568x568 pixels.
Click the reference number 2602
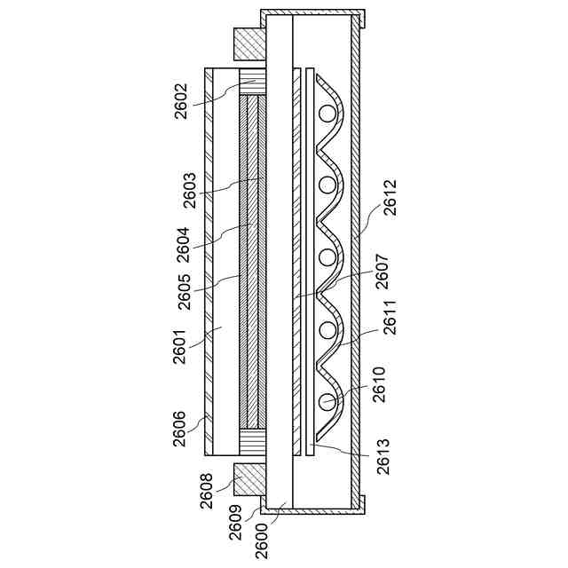(x=181, y=101)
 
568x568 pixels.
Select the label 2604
(x=184, y=245)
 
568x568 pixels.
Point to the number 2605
(x=185, y=292)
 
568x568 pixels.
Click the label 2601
(x=180, y=346)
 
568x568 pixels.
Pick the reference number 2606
(x=180, y=429)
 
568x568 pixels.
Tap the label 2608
(x=207, y=491)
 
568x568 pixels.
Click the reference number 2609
(x=236, y=523)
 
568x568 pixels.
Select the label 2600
(x=262, y=542)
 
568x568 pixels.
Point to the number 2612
(x=390, y=197)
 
